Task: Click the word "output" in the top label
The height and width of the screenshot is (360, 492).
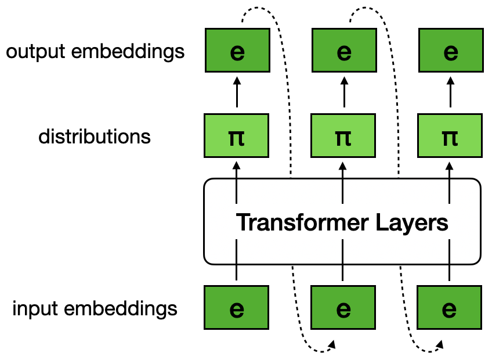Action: pos(34,52)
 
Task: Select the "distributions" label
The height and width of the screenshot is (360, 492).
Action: pos(95,137)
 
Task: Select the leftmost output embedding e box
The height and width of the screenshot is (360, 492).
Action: pos(237,52)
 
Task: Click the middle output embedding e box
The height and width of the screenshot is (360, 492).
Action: pos(343,52)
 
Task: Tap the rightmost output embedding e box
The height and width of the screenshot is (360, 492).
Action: pos(450,52)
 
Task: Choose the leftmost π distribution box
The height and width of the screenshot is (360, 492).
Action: pos(237,137)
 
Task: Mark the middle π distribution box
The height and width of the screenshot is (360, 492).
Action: pos(343,137)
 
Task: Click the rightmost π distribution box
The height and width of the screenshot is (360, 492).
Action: pos(450,137)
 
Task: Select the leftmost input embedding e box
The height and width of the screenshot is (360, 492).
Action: pos(237,308)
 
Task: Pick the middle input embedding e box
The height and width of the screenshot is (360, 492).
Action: pos(343,308)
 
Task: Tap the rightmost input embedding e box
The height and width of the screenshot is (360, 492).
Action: pos(450,308)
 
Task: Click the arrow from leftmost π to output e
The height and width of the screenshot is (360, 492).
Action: pos(237,93)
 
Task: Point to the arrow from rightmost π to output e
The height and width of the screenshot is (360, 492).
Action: pos(450,93)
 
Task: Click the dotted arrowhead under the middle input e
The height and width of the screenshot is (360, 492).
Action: pos(332,345)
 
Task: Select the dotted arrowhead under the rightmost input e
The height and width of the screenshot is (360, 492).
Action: pos(439,345)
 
